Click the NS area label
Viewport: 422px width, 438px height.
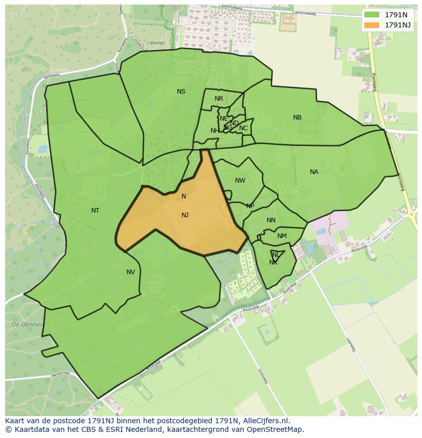[x=181, y=92]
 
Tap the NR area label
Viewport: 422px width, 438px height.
[x=219, y=99]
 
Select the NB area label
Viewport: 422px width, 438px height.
[x=297, y=118]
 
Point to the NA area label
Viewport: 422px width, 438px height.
[x=314, y=172]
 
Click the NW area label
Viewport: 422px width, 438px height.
[x=240, y=181]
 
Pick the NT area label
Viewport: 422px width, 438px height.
[x=95, y=211]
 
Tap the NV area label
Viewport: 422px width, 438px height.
[x=131, y=272]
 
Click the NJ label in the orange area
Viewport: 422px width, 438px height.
[x=185, y=215]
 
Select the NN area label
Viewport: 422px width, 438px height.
[x=271, y=220]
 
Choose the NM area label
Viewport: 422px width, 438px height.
[x=282, y=236]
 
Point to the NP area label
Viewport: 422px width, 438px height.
[x=250, y=206]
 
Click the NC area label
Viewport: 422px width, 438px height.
[x=243, y=128]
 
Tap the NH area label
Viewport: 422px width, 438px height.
[x=215, y=131]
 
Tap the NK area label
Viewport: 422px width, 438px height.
[x=273, y=262]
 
